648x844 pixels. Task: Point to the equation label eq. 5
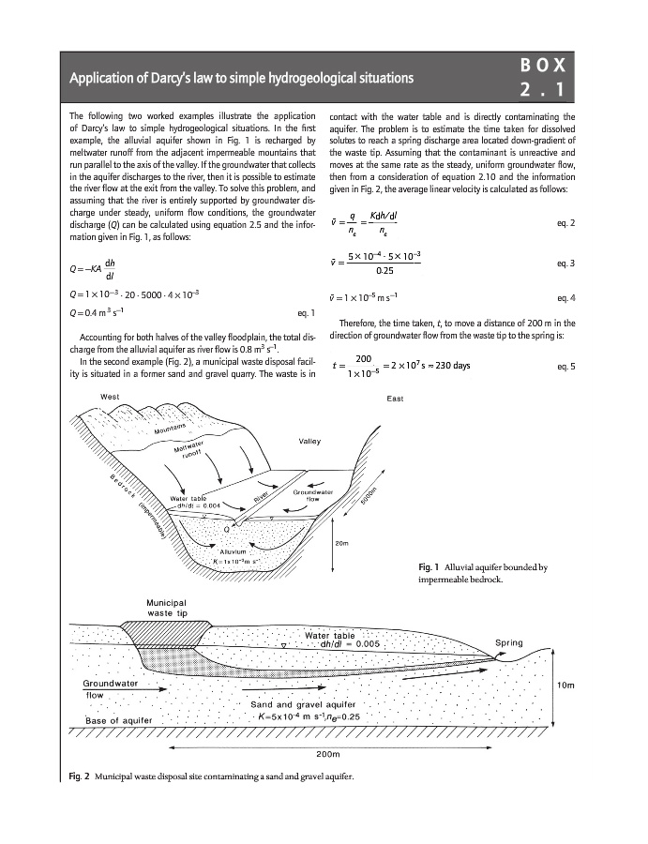tap(566, 366)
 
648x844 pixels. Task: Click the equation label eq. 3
tap(566, 264)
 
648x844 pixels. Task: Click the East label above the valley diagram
tap(395, 399)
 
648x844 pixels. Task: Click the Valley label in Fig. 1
tap(310, 441)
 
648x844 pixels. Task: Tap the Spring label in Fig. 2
tap(509, 643)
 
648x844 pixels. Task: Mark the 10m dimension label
tap(565, 686)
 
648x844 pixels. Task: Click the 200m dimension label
tap(327, 753)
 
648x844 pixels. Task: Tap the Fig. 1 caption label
tap(431, 566)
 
